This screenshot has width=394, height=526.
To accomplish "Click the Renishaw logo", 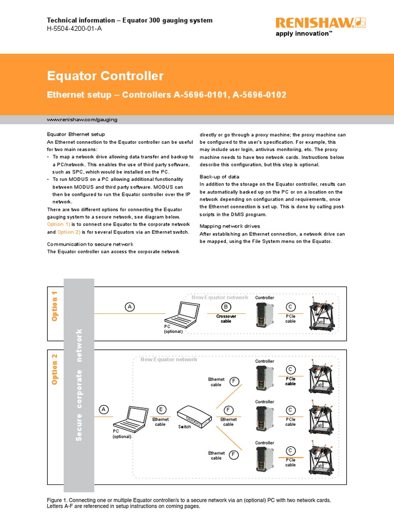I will tap(313, 23).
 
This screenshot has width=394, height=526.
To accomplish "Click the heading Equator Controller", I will tap(105, 76).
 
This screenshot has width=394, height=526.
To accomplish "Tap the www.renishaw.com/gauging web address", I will tap(82, 119).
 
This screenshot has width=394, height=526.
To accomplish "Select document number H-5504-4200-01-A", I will tap(74, 29).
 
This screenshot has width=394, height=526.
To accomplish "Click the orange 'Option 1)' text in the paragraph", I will tap(58, 224).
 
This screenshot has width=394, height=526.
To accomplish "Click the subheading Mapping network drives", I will tap(229, 226).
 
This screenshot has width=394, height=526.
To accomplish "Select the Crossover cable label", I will tap(226, 319).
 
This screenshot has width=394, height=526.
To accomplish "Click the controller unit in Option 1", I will tap(264, 315).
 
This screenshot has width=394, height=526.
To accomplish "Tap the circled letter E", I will tap(161, 409).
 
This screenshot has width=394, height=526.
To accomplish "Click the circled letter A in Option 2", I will tap(105, 409).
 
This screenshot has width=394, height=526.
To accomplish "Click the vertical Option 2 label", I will tap(55, 370).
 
